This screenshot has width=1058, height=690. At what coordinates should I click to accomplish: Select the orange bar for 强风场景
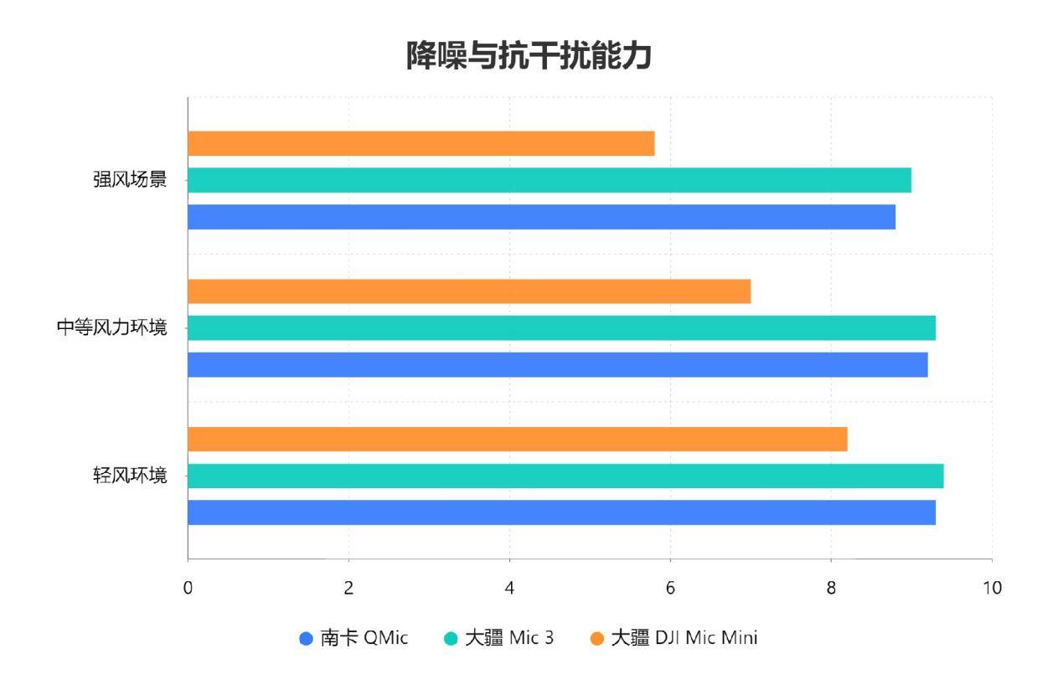click(x=421, y=143)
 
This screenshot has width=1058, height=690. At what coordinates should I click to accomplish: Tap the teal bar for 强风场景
click(x=549, y=180)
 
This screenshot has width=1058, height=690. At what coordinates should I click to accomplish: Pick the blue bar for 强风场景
click(x=541, y=217)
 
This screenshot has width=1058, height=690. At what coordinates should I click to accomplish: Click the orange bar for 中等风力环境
click(x=469, y=291)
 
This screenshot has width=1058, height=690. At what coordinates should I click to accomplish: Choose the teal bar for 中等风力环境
click(x=561, y=328)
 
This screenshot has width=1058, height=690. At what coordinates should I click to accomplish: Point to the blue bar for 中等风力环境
click(x=557, y=365)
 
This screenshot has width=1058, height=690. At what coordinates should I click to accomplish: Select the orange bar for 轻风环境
click(x=517, y=439)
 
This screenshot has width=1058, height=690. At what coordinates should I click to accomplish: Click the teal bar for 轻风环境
click(x=565, y=476)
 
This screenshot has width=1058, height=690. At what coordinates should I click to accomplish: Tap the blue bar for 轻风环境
click(x=561, y=512)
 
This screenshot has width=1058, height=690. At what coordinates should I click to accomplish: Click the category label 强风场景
click(x=130, y=180)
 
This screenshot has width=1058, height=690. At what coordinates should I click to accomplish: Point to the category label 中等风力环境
click(x=111, y=328)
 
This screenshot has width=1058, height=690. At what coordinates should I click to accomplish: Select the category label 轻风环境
click(x=130, y=476)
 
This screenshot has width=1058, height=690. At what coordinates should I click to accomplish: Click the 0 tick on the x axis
click(x=188, y=588)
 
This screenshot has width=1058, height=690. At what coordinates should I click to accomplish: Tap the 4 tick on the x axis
click(x=509, y=588)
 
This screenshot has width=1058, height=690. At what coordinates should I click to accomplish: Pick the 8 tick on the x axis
click(x=831, y=588)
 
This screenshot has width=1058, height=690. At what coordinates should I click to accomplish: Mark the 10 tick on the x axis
click(x=992, y=588)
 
